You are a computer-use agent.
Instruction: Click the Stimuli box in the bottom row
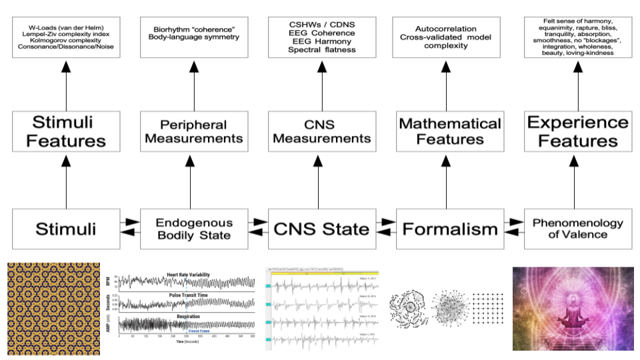(x=66, y=229)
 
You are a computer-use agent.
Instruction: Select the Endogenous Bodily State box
(x=194, y=229)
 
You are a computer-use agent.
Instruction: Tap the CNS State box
(x=323, y=229)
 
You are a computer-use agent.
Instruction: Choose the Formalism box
(x=450, y=229)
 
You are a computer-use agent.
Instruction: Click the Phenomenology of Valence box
(x=578, y=229)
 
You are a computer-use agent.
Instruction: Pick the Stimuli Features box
(x=66, y=131)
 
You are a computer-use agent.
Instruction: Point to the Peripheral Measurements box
(x=194, y=131)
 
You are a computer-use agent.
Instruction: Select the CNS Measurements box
(x=323, y=131)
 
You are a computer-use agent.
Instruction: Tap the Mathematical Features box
(x=450, y=131)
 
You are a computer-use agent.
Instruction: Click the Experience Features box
(x=578, y=131)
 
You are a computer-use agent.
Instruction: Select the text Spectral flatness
(x=322, y=50)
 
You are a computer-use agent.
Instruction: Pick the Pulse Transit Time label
(x=186, y=293)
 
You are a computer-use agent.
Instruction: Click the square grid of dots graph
(x=488, y=309)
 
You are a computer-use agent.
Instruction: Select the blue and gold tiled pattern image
(x=53, y=308)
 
